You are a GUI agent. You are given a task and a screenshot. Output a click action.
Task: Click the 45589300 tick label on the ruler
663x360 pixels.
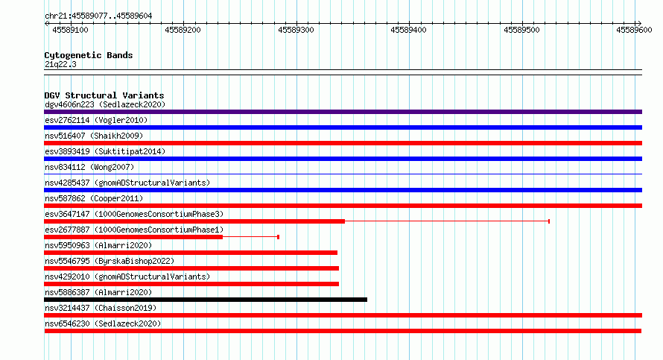point(296,30)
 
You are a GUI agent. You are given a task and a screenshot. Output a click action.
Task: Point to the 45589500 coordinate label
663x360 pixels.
point(521,30)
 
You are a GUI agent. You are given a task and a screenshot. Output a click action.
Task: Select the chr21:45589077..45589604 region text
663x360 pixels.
point(98,16)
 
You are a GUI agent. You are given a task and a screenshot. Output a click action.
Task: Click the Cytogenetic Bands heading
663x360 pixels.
point(89,55)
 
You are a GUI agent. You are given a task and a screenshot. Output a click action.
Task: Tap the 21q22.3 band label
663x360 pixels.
point(60,64)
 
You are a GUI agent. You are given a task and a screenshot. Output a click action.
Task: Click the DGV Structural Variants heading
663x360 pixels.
point(104,95)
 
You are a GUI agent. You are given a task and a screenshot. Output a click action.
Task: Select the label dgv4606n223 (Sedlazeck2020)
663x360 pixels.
point(105,104)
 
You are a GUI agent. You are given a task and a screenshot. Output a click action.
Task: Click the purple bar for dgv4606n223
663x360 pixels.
point(343,112)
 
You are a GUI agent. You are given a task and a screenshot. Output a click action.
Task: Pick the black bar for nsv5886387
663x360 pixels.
point(206,300)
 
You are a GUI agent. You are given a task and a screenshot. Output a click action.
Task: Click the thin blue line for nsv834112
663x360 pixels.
point(343,174)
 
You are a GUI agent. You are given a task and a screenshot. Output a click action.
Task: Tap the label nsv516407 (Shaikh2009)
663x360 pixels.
point(94,136)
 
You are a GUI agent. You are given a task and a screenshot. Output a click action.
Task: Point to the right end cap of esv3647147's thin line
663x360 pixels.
point(549,221)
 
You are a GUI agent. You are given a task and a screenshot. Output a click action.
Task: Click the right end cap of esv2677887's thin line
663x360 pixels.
point(278,237)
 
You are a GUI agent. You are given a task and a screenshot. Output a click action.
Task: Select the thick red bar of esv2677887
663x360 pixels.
point(133,237)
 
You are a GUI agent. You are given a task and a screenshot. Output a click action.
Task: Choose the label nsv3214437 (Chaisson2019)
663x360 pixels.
point(101,308)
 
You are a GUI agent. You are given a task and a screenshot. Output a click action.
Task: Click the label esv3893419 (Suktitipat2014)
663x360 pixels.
point(105,151)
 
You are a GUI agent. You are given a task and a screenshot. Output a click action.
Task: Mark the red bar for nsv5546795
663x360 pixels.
point(191,268)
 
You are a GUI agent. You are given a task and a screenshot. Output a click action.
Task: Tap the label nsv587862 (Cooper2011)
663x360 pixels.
point(94,198)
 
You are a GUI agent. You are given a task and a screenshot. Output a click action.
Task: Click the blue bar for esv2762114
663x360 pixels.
point(343,127)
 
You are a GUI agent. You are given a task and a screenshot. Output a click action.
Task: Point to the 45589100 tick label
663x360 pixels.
point(70,30)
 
